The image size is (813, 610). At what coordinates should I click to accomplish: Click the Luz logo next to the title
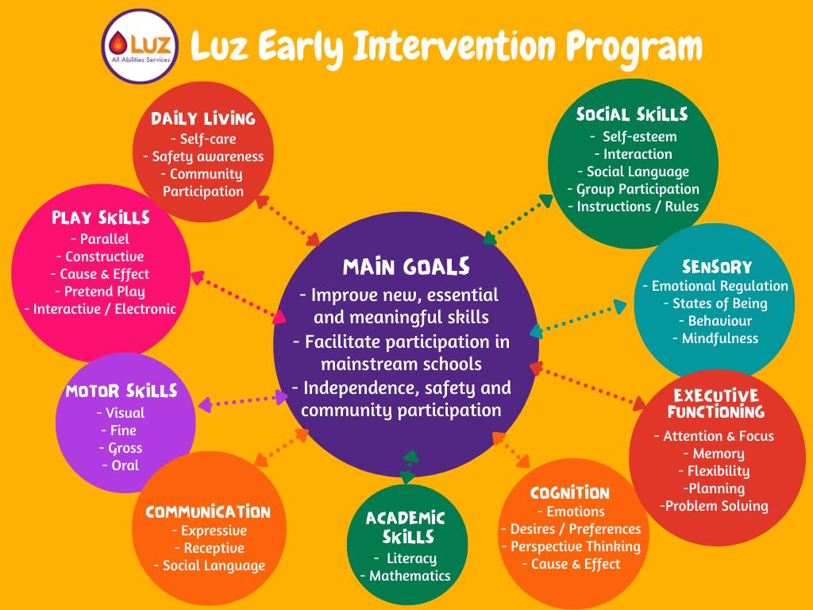(x=140, y=46)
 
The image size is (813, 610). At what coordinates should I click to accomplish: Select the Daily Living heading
(x=203, y=118)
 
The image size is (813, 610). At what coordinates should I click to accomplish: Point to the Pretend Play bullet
(x=100, y=291)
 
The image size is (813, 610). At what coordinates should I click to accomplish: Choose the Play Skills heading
(x=101, y=218)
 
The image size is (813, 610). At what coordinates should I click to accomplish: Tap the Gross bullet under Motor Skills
(x=121, y=448)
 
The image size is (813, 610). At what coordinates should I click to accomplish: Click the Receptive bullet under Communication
(x=210, y=548)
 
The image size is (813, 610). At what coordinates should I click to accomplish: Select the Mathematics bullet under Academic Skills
(x=406, y=576)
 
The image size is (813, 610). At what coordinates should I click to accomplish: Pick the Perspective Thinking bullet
(x=572, y=546)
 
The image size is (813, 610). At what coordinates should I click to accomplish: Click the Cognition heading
(x=570, y=492)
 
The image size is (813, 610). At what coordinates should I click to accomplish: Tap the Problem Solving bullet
(x=714, y=506)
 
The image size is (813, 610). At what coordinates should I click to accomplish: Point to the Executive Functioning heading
(x=716, y=403)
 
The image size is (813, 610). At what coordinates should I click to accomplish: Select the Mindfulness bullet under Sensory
(x=715, y=338)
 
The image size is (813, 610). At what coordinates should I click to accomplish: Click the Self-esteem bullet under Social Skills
(x=634, y=137)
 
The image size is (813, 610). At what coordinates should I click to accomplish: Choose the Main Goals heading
(x=406, y=267)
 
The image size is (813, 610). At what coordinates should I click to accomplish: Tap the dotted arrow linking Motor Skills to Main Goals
(x=243, y=401)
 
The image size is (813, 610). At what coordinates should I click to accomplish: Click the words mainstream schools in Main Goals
(x=401, y=364)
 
